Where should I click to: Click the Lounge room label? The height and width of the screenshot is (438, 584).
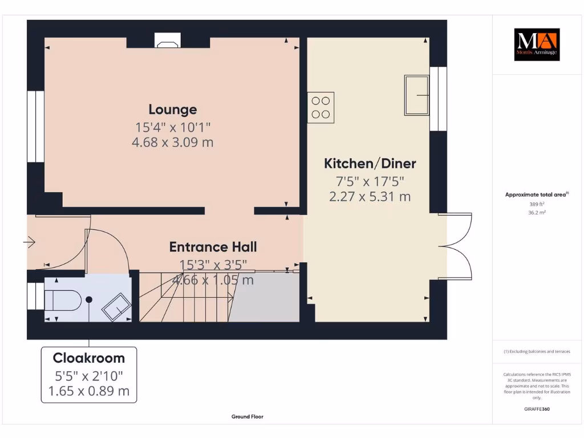click(x=173, y=109)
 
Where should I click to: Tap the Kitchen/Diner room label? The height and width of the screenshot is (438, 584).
click(x=370, y=164)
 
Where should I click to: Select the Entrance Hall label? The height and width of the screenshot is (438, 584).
click(x=213, y=247)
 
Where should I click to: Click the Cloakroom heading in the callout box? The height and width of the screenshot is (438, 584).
click(x=88, y=358)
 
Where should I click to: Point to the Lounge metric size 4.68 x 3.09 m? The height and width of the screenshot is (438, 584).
click(x=173, y=142)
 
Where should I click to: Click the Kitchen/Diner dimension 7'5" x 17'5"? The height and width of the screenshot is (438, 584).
click(x=370, y=181)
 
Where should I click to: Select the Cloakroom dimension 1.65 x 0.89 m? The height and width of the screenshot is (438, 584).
click(x=88, y=391)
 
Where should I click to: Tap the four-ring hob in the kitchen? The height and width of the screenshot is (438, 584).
click(x=321, y=107)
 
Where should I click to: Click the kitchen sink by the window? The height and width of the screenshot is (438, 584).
click(x=417, y=94)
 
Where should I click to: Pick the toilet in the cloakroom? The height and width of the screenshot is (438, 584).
click(x=63, y=299)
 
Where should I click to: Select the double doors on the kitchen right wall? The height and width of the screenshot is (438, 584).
click(x=457, y=246)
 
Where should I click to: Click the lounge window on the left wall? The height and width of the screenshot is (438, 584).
click(x=35, y=126)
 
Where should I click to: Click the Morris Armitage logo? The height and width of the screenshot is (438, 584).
click(x=537, y=44)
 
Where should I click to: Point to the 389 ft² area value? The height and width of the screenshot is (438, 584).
click(x=537, y=204)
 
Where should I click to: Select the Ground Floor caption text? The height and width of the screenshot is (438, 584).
click(x=248, y=417)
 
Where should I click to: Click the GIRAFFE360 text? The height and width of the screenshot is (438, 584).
click(x=537, y=409)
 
